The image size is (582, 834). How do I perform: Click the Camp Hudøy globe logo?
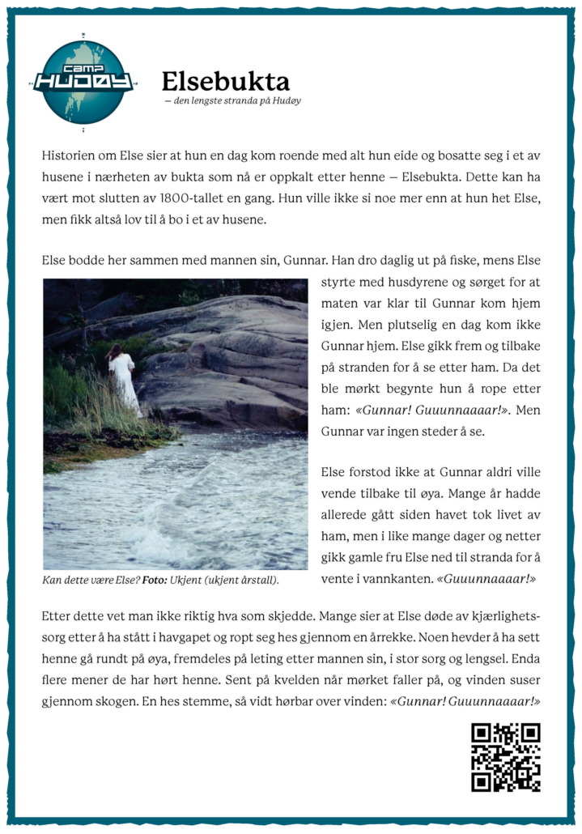click(83, 82)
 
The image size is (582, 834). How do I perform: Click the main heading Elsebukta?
click(225, 82)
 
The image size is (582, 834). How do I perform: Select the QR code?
click(505, 757)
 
